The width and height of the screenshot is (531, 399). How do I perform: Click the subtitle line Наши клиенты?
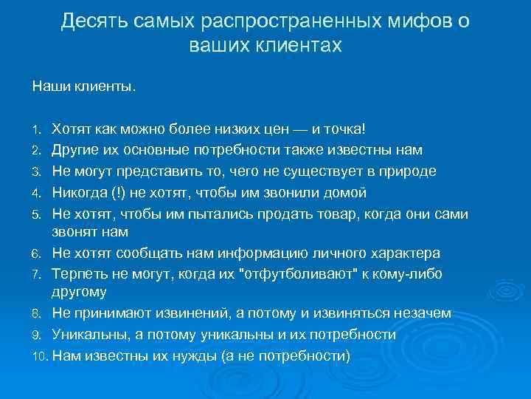pyautogui.click(x=83, y=86)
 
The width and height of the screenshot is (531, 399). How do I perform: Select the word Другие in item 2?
pyautogui.click(x=77, y=150)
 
